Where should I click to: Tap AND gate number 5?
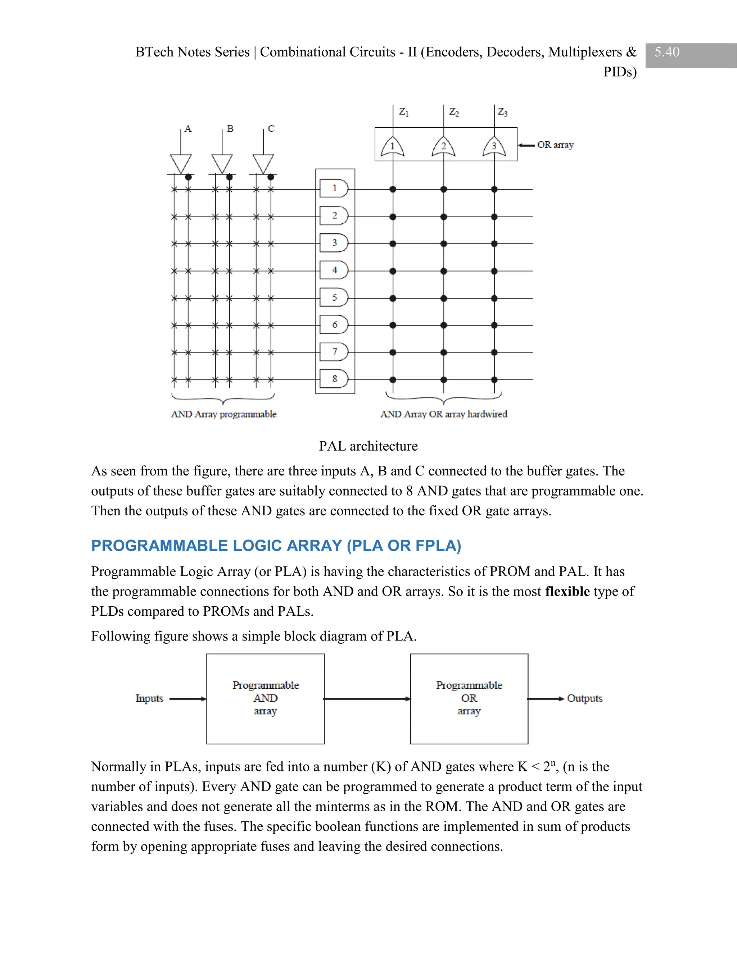click(x=334, y=298)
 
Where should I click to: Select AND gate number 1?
click(x=334, y=188)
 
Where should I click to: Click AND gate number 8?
click(x=334, y=379)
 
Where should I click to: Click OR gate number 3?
click(x=494, y=147)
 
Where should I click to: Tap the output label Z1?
click(x=404, y=113)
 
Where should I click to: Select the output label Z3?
click(x=502, y=113)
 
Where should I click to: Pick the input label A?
click(x=188, y=129)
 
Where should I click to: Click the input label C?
click(x=271, y=129)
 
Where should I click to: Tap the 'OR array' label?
click(x=555, y=145)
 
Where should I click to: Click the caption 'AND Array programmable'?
click(x=223, y=414)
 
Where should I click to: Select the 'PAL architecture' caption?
click(x=368, y=446)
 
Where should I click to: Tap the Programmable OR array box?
click(x=469, y=699)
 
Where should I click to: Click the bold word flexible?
click(x=567, y=591)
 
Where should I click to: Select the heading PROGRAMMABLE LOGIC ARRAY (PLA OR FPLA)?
click(x=276, y=546)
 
